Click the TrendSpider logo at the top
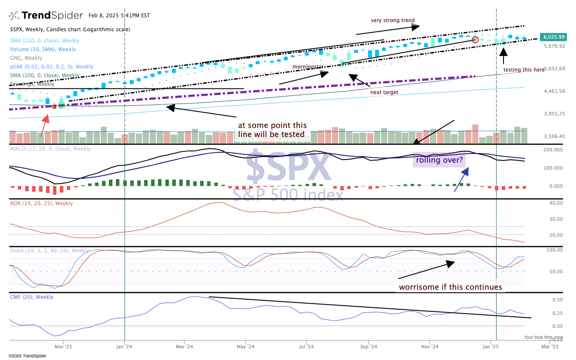(46, 16)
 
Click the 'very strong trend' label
(392, 20)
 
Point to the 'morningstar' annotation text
(308, 67)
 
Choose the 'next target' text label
(384, 92)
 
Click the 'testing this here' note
(523, 69)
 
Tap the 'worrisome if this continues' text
(450, 287)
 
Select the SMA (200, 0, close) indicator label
(45, 41)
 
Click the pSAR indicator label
(52, 67)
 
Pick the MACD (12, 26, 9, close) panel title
(50, 149)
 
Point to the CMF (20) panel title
(32, 297)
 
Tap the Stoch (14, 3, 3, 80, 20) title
(49, 251)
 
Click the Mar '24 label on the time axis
(184, 347)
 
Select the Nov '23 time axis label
(63, 347)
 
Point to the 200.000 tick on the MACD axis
(553, 150)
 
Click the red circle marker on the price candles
(475, 39)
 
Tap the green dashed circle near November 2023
(62, 105)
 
